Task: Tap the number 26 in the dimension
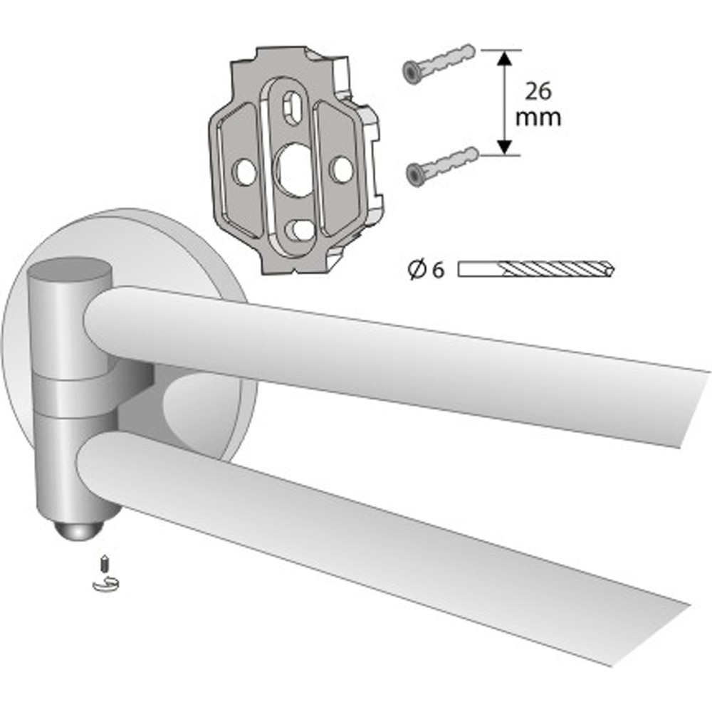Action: pos(538,91)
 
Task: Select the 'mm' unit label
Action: pos(538,117)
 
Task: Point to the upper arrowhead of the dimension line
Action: pos(504,58)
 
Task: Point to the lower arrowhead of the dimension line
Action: pos(504,147)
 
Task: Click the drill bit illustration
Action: pos(536,269)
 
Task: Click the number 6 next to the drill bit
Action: pos(438,271)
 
